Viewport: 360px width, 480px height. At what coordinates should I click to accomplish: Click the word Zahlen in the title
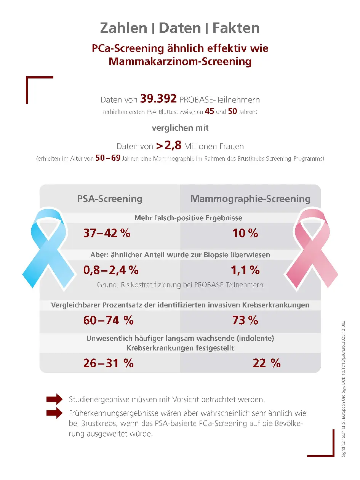123,28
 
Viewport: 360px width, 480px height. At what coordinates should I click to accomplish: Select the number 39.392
158,99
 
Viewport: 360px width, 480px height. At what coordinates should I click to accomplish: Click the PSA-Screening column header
110,198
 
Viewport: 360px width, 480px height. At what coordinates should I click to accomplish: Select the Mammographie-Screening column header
250,198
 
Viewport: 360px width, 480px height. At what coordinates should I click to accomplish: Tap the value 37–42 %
107,233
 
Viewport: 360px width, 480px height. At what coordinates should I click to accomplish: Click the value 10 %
245,233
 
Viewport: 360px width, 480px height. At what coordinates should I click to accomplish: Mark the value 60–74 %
108,320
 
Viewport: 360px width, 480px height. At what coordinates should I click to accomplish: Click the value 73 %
245,320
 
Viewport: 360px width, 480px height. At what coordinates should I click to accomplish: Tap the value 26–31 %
108,363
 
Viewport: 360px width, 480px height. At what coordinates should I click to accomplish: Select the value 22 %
266,363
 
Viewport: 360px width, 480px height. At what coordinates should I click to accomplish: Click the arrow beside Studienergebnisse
54,399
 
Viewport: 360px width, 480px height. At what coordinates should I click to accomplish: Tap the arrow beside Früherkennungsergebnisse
54,413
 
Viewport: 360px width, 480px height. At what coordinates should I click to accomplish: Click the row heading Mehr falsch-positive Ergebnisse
188,218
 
